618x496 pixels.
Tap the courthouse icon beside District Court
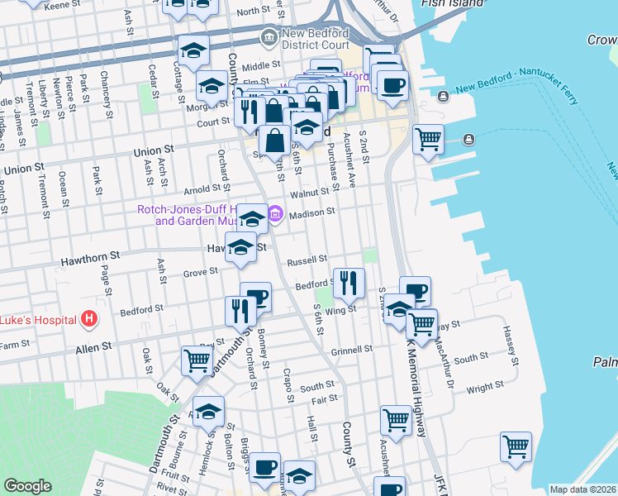tap(269, 36)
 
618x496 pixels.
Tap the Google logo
tap(27, 486)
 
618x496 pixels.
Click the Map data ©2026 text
tap(583, 489)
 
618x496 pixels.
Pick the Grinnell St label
tap(352, 350)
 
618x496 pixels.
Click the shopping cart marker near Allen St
tap(197, 360)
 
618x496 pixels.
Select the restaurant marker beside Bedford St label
tap(349, 284)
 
